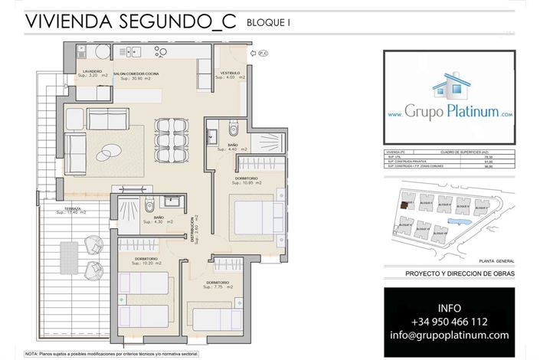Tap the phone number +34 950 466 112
click(449, 322)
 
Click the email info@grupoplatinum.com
click(449, 335)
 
